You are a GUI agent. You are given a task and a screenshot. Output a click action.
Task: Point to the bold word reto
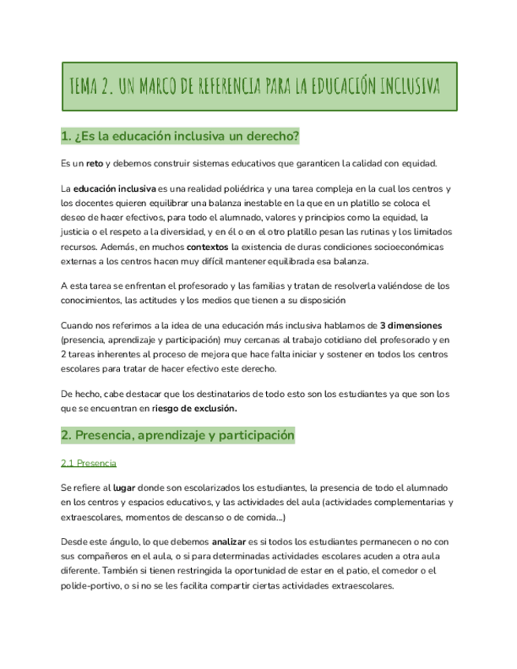tap(95, 163)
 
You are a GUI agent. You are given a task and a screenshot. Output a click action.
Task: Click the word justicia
tap(78, 232)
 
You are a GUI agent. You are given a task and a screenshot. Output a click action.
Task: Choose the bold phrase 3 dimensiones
tap(411, 325)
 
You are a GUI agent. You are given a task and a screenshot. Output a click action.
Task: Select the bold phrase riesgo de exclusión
tap(193, 408)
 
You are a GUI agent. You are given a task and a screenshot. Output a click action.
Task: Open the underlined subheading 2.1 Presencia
tap(88, 462)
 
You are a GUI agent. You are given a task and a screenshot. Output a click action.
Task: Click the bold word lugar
tap(125, 488)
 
